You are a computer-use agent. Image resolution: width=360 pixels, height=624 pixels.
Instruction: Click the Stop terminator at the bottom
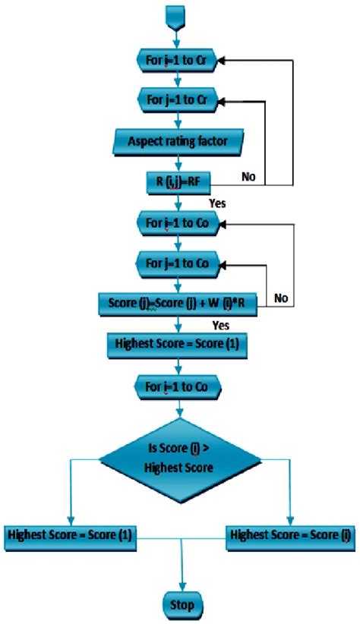(181, 605)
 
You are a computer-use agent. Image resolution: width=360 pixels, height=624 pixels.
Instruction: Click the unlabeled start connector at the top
(178, 14)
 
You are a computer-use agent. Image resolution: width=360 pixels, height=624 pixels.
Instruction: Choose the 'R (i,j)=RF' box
(177, 181)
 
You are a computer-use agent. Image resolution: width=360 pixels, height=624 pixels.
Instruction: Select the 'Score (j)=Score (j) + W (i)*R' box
(176, 305)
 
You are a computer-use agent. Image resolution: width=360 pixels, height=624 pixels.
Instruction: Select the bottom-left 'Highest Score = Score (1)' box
(70, 536)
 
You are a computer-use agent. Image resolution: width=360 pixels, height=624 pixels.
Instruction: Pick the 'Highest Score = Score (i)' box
(292, 536)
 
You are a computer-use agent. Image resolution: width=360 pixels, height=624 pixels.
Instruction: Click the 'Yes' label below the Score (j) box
(221, 325)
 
